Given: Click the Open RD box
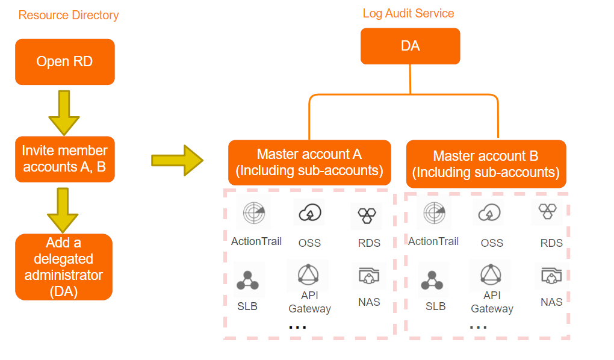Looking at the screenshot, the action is click(65, 62).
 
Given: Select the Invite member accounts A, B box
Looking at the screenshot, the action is click(65, 159).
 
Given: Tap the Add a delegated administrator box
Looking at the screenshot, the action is click(64, 267).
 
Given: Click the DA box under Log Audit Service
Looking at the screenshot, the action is click(411, 46).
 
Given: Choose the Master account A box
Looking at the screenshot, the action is click(310, 163).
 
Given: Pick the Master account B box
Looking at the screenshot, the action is click(486, 164).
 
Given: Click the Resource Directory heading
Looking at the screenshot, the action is click(69, 15).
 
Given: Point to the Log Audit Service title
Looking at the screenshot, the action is click(408, 14).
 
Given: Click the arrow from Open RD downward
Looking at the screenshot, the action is click(64, 113).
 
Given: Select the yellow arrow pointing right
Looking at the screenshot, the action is click(178, 160).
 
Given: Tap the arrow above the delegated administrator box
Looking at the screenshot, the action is click(63, 210).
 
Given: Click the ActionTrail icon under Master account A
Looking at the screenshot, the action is click(254, 213).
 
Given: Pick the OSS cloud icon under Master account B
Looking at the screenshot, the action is click(489, 213).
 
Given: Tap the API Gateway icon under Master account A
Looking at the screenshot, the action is click(308, 274).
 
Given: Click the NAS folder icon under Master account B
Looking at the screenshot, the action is click(552, 275).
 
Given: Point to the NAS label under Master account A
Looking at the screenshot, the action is click(369, 302).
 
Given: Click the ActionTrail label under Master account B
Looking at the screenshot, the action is click(433, 241).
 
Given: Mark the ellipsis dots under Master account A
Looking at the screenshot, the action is click(297, 327).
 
